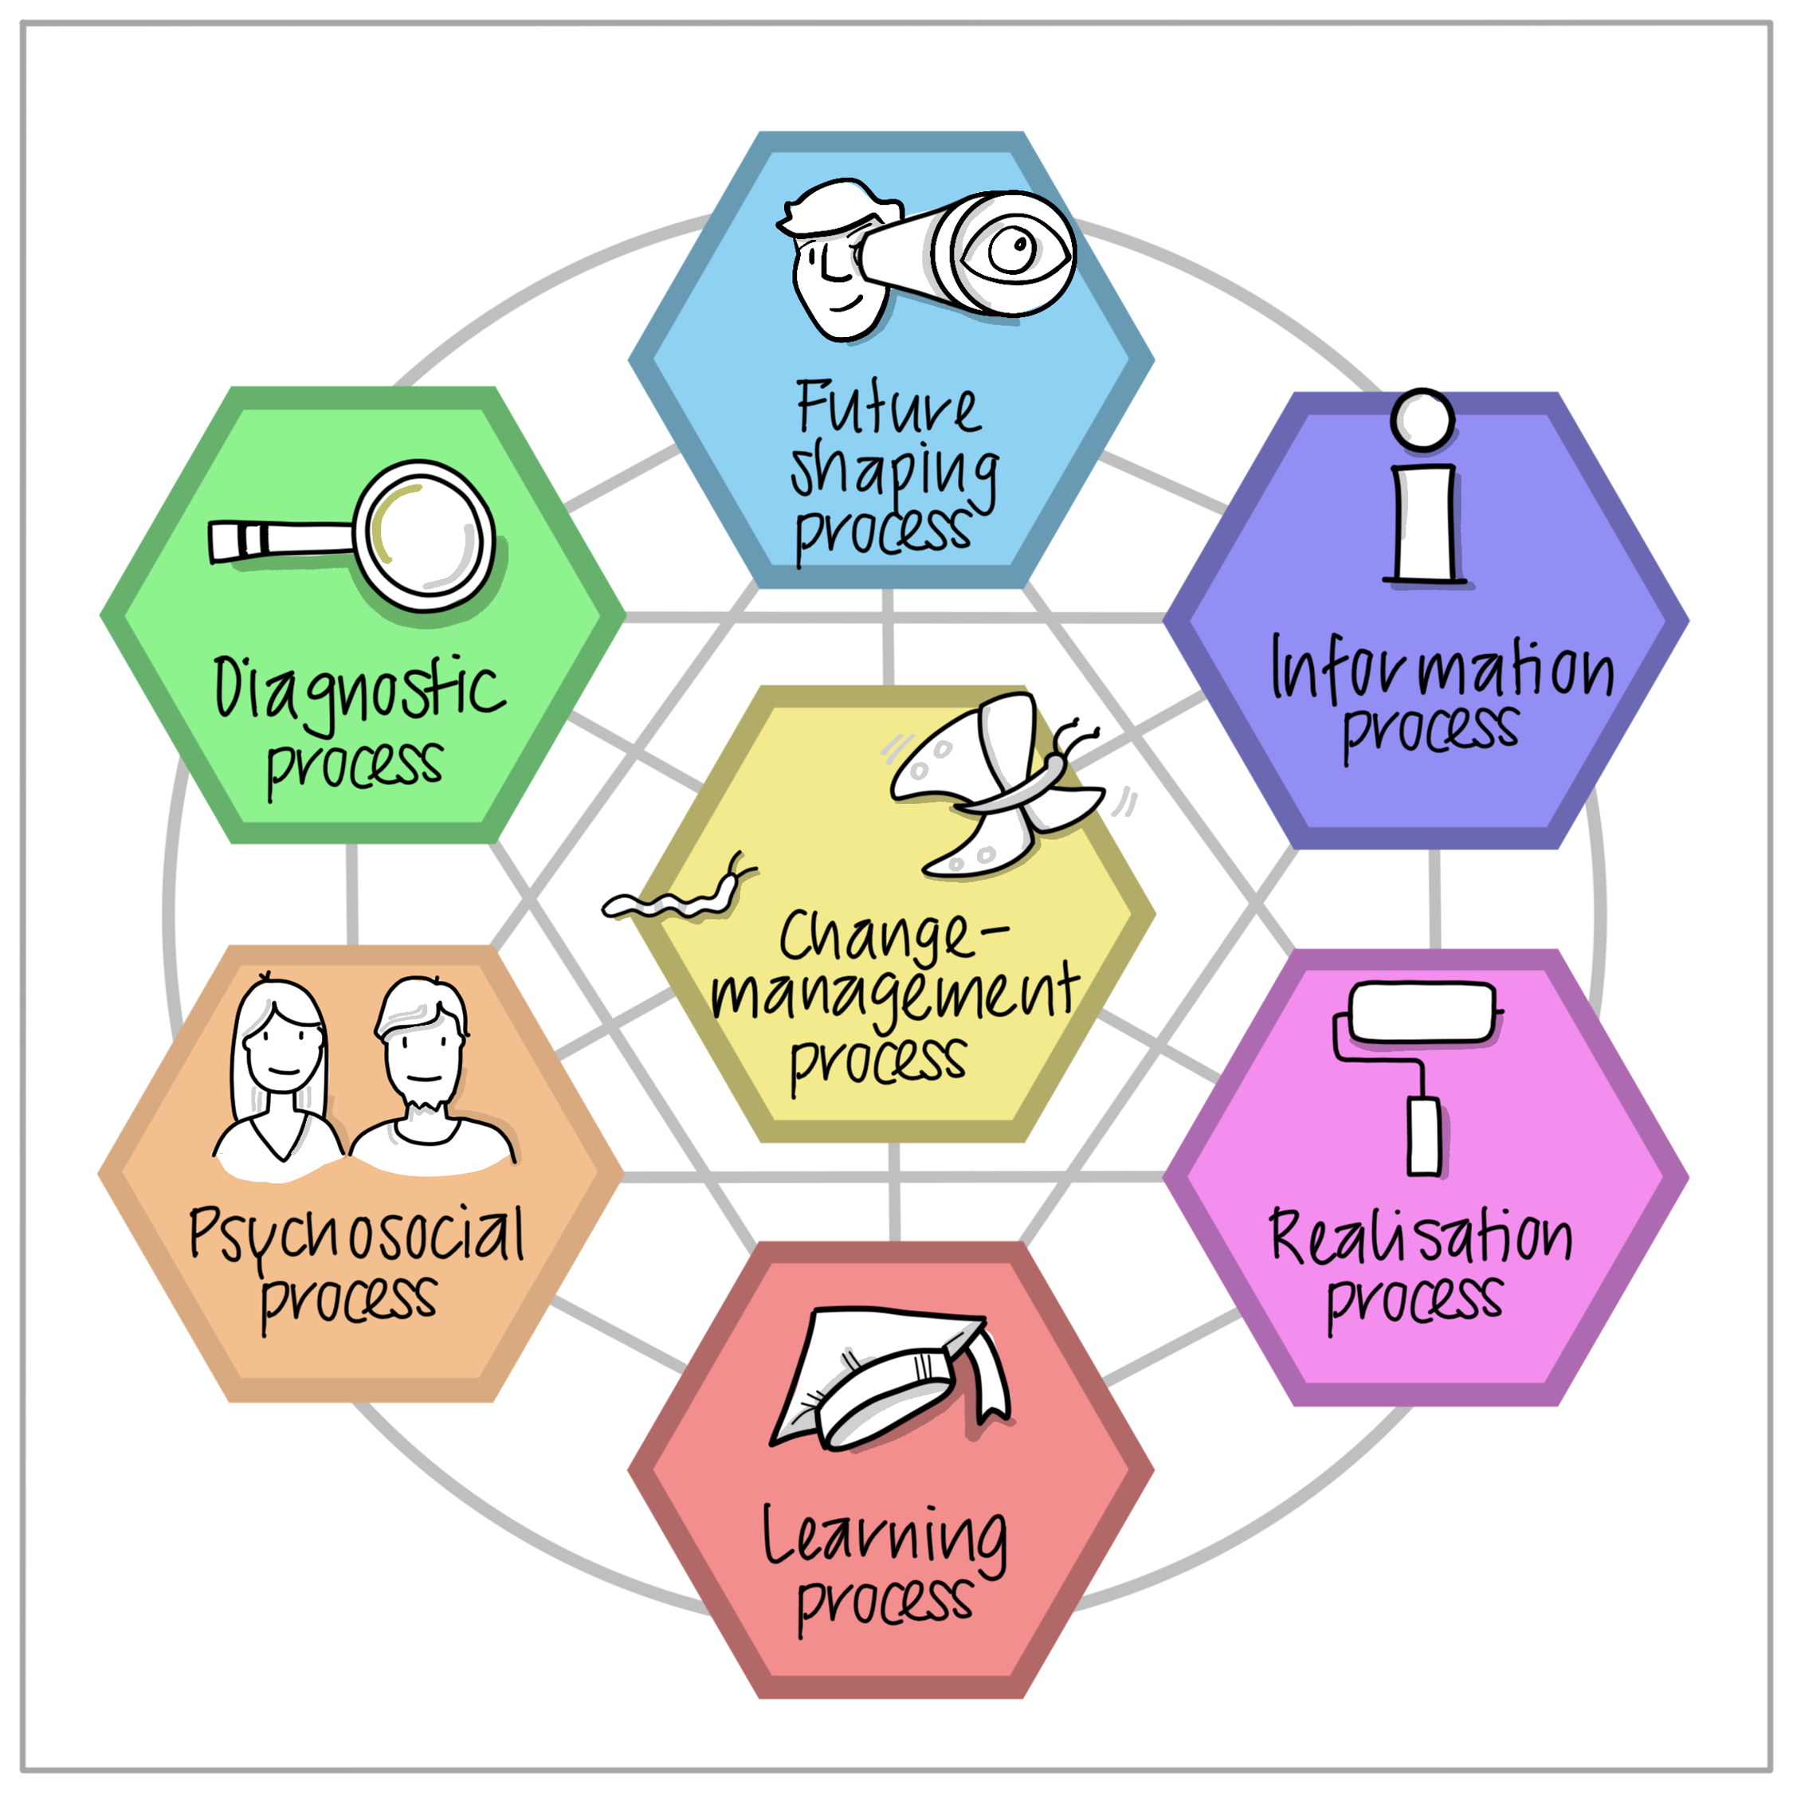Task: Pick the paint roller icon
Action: [x=1418, y=1077]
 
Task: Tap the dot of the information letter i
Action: [x=1422, y=419]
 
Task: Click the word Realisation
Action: [x=1421, y=1236]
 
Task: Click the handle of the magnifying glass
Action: [x=281, y=540]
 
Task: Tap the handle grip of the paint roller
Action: [x=1425, y=1137]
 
